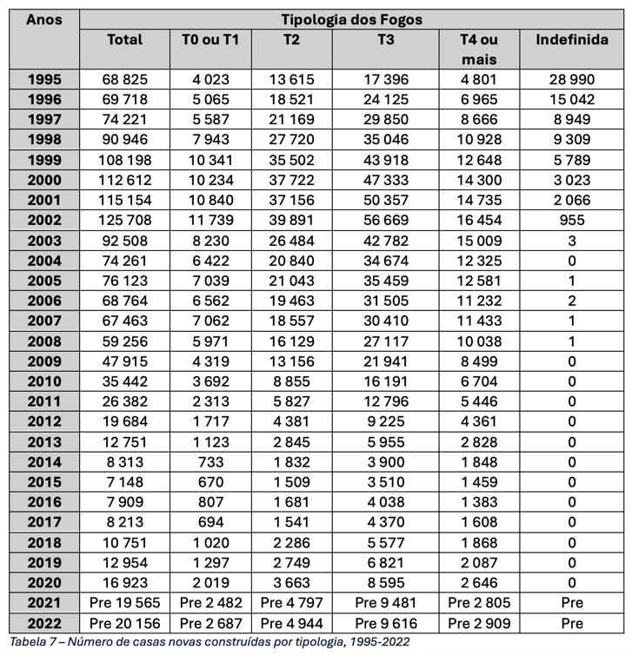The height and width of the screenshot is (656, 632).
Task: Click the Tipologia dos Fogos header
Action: coord(351,18)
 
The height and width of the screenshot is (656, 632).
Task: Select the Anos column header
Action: coord(44,18)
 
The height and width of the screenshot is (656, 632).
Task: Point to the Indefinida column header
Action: coord(570,40)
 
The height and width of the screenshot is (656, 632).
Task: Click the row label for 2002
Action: coord(44,220)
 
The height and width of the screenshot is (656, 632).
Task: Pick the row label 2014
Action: coord(44,462)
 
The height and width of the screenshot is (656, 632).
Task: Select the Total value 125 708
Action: coord(124,220)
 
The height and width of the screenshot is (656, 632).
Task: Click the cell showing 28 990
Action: coord(570,79)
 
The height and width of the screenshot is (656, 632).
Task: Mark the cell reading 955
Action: coord(571,220)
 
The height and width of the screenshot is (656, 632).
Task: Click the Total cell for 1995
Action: coord(124,79)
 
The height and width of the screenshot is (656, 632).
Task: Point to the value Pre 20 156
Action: coord(124,624)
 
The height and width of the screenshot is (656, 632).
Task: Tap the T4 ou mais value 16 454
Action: coord(479,220)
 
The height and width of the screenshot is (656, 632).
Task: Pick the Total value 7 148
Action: coord(124,482)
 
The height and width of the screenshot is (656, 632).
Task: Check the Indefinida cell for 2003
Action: coord(571,240)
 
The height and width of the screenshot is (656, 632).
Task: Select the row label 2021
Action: coord(44,604)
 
